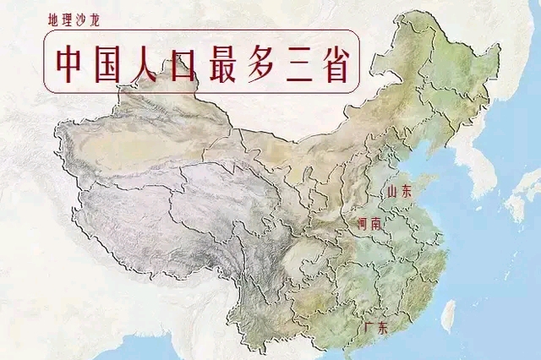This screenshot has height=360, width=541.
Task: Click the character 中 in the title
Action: [x=72, y=62]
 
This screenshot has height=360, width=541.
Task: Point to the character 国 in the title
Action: [x=112, y=62]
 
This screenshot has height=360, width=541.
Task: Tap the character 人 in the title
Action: [x=153, y=62]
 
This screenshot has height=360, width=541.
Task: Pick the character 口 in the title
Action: [x=192, y=62]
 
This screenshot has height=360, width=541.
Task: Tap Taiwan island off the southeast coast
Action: [x=449, y=315]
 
